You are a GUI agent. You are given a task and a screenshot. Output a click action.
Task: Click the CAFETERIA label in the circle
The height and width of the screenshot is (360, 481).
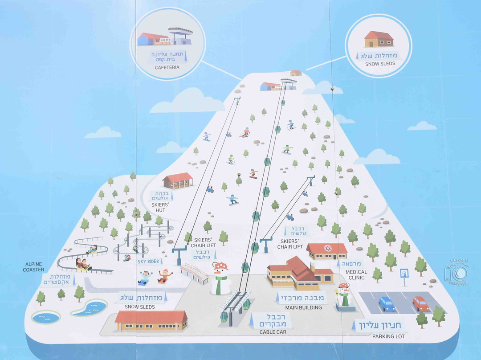(x=167, y=68)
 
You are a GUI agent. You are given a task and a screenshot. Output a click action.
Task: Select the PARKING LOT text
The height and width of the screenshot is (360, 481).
(x=388, y=336)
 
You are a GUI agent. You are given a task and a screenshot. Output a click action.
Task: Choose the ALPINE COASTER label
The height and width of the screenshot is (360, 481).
(x=34, y=267)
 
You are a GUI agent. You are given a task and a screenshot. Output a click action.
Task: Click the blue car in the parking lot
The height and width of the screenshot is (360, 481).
(x=387, y=304)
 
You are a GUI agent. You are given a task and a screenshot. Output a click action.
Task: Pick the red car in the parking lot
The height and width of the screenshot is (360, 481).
(x=420, y=303)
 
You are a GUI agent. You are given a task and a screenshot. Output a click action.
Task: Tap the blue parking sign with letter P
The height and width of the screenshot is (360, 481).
(x=404, y=272)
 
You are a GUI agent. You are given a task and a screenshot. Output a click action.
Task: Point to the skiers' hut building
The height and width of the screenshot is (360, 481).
(x=178, y=180)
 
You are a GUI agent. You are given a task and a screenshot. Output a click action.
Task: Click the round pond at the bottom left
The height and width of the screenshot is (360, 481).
(x=45, y=317)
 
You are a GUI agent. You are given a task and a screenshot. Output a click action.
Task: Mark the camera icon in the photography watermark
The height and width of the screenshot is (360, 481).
(x=459, y=272)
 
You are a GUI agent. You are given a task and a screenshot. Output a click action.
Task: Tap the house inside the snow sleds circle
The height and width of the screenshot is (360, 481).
(x=379, y=39)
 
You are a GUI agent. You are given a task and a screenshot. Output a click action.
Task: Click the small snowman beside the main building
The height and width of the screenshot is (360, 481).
(x=344, y=296)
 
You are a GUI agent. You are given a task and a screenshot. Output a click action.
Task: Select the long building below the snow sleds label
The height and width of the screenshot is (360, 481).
(x=151, y=321)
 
